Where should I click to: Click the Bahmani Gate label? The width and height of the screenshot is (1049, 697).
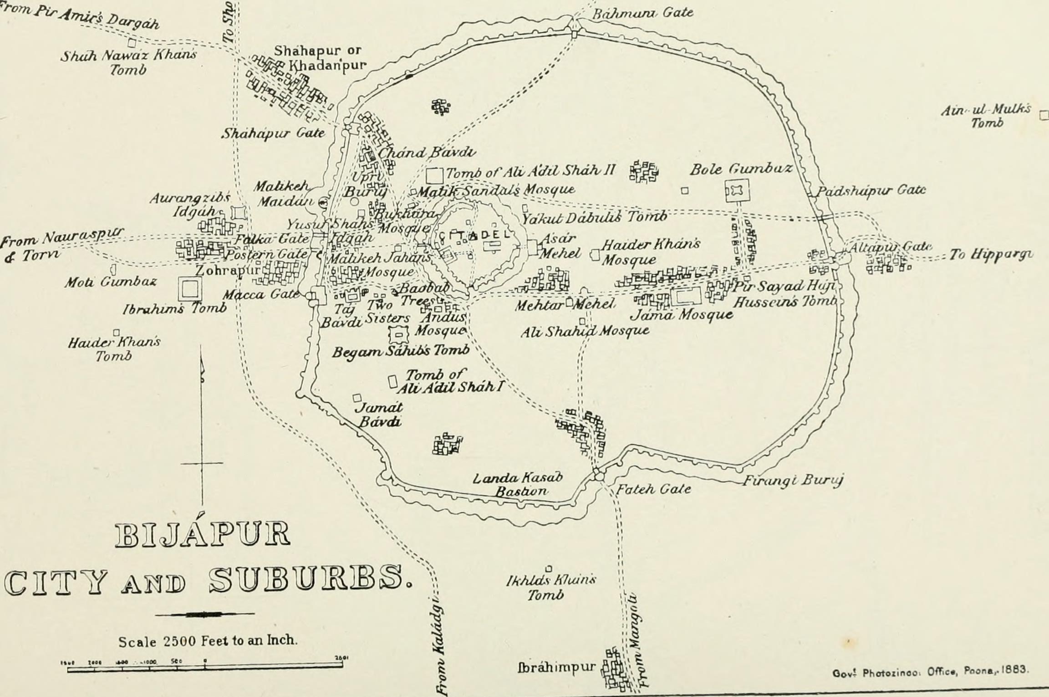[x=642, y=12]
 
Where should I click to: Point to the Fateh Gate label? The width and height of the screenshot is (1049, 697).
[x=653, y=489]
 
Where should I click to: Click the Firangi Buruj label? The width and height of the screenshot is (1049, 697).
[x=793, y=480]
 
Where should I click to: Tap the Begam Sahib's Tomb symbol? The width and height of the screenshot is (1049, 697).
[x=399, y=335]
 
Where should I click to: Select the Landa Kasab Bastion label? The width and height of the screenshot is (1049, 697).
[x=518, y=484]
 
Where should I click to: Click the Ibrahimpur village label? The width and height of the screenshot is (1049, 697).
[x=555, y=667]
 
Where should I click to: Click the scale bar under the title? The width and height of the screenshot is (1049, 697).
[x=205, y=666]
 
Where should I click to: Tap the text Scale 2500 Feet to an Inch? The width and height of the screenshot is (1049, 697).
[x=208, y=641]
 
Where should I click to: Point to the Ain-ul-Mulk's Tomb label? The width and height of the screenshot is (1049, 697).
[x=986, y=116]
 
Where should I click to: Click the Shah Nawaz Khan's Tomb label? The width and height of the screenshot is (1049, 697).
[x=129, y=62]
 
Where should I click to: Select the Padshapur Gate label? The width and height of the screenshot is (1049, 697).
[x=870, y=190]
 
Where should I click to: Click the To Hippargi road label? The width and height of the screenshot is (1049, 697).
[x=990, y=254]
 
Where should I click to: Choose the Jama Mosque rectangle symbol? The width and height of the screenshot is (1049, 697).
[x=687, y=297]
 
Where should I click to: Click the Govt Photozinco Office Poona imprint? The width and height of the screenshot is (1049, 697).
[x=930, y=671]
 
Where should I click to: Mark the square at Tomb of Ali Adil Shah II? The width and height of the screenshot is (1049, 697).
[x=435, y=176]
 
